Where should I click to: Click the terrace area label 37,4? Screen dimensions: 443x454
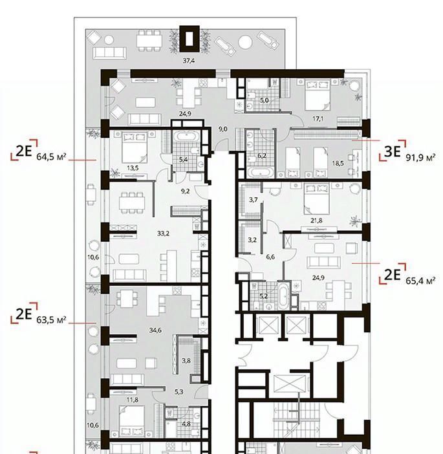[x=188, y=61]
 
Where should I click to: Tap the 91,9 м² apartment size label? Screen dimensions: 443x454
[x=420, y=158]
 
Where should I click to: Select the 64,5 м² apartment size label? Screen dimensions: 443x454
[x=51, y=157]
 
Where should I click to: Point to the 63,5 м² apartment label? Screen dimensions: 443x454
[x=51, y=320]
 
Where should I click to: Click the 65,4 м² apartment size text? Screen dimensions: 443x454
[x=420, y=281]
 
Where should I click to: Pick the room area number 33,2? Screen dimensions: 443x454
[x=164, y=233]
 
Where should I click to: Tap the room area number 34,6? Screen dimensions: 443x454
[x=155, y=330]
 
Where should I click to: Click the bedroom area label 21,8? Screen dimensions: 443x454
[x=316, y=221]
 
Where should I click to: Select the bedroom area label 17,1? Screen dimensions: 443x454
[x=318, y=119]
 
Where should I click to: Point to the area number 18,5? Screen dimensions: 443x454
[x=338, y=164]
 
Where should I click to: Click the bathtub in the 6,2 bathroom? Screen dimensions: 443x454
[x=261, y=173]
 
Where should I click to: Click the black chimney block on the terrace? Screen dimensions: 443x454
[x=189, y=39]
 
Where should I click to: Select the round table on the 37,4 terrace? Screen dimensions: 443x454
[x=246, y=42]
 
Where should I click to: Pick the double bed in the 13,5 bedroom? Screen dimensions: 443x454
[x=133, y=147]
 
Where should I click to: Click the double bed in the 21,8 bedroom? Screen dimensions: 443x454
[x=316, y=199]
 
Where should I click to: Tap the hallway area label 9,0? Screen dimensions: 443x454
[x=222, y=129]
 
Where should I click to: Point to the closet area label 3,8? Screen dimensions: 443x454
[x=186, y=361]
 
